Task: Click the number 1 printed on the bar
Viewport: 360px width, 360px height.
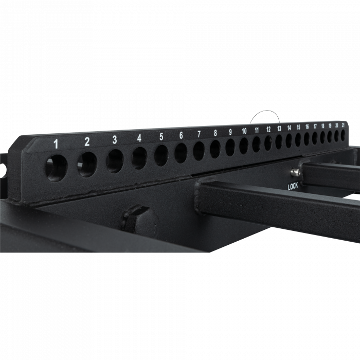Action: pyautogui.click(x=56, y=144)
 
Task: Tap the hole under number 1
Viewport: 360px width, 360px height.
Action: pyautogui.click(x=57, y=168)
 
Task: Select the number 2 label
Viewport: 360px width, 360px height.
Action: pyautogui.click(x=87, y=141)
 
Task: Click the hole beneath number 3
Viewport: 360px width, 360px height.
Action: pyautogui.click(x=115, y=161)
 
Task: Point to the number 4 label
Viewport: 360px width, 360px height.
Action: pyautogui.click(x=139, y=138)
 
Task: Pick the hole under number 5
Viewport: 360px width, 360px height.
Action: pyautogui.click(x=161, y=155)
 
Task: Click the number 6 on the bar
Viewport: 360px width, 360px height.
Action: pyautogui.click(x=181, y=135)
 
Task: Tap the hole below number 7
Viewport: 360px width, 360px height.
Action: pyautogui.click(x=199, y=151)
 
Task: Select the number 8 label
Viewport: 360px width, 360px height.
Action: pyautogui.click(x=215, y=133)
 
